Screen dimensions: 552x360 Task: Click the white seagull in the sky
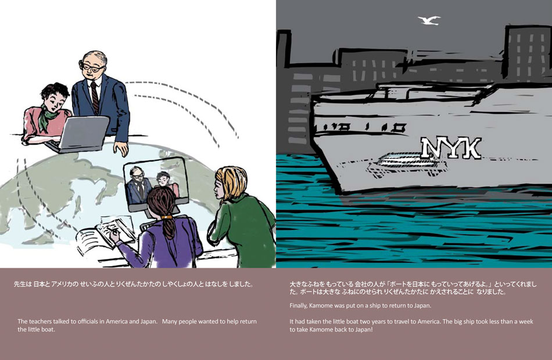pyautogui.click(x=429, y=20)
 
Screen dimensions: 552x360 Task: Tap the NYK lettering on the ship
pyautogui.click(x=451, y=148)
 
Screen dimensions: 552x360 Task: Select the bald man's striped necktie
pyautogui.click(x=95, y=98)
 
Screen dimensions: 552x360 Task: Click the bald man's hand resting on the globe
pyautogui.click(x=121, y=149)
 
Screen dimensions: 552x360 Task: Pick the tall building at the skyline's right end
pyautogui.click(x=527, y=53)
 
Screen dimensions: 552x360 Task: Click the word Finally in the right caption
pyautogui.click(x=298, y=305)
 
